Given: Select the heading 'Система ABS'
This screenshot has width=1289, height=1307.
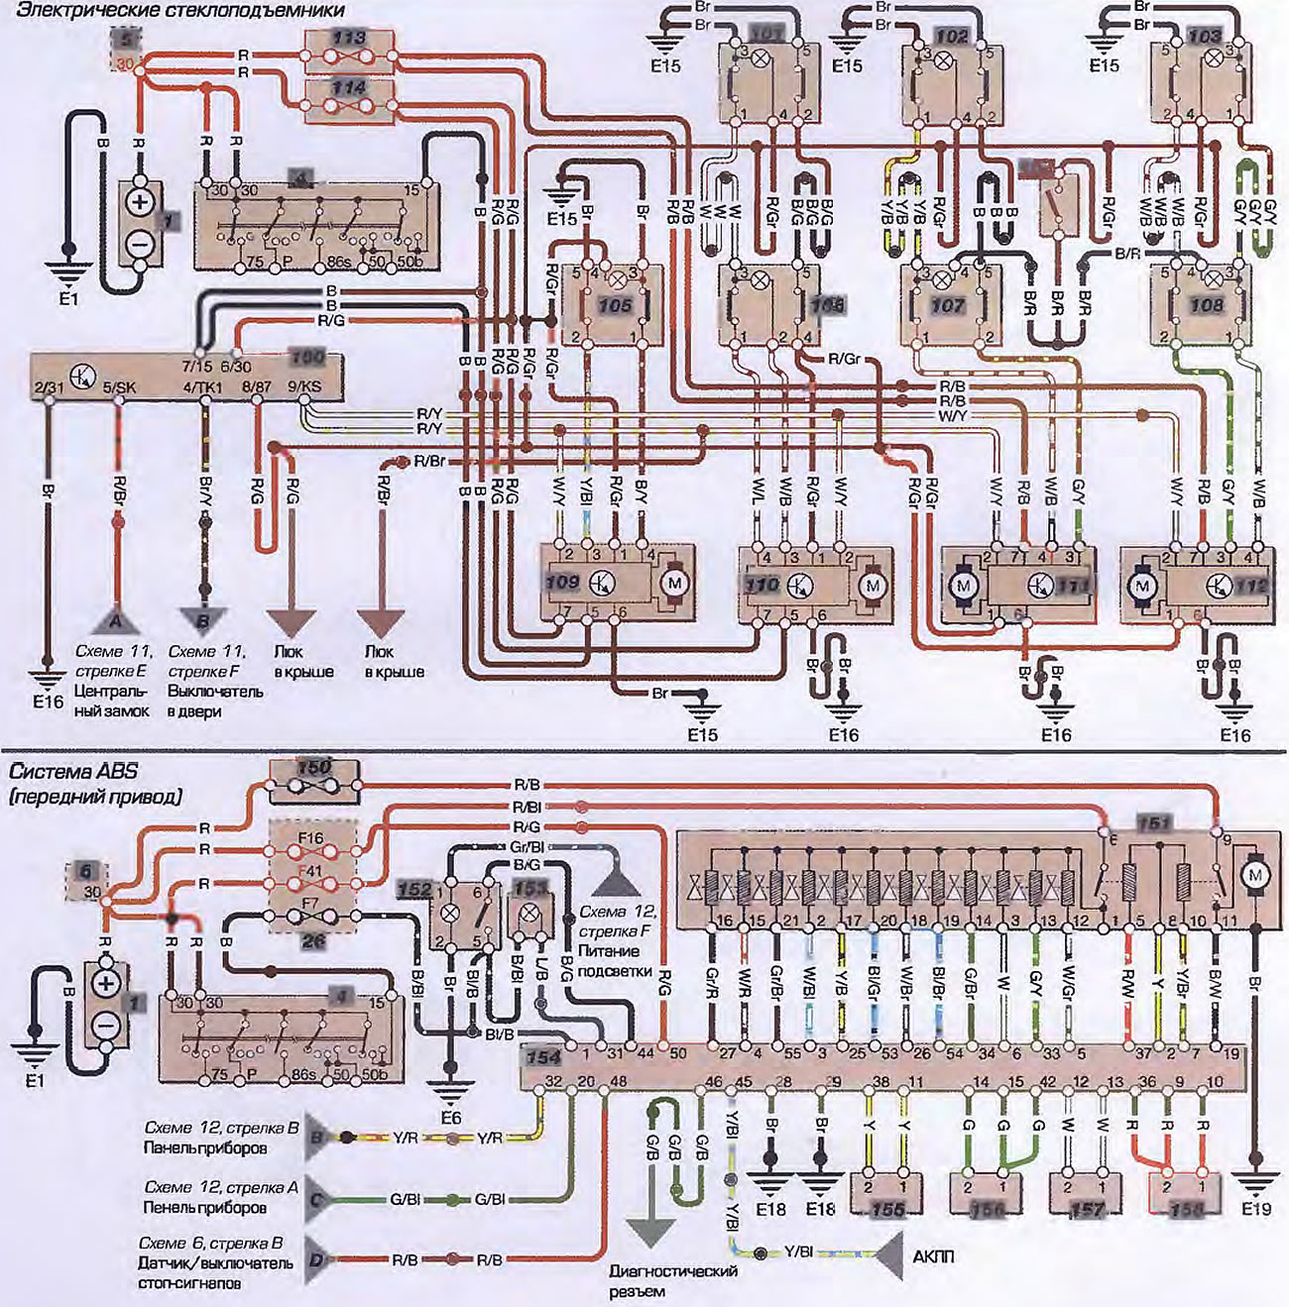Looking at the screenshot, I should tap(74, 772).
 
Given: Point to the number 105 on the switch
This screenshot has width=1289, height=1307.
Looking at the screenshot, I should tap(615, 305).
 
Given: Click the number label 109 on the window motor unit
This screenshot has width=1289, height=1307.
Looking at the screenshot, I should tap(562, 582).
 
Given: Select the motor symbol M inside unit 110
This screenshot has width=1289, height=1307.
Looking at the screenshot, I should tap(873, 586).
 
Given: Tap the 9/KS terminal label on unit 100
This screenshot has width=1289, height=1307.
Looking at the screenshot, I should tap(304, 386).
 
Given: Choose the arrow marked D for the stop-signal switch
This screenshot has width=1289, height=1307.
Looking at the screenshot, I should tap(317, 1259).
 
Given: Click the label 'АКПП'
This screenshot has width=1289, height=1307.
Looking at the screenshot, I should tap(933, 1256).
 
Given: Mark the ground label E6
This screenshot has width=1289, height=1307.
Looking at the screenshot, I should tap(450, 1118).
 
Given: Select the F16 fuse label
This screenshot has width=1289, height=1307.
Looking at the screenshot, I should tap(310, 837).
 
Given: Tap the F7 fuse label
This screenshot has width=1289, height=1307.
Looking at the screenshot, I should tap(310, 904).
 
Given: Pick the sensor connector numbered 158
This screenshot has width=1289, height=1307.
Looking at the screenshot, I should tap(1187, 1210).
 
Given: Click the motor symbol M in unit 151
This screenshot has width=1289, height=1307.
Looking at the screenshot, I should tap(1255, 876).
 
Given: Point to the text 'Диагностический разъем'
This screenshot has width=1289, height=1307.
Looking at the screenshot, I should tap(673, 1281).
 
